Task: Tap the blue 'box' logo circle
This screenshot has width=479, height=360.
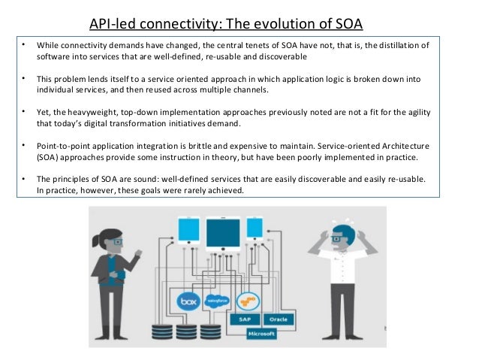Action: coord(189,302)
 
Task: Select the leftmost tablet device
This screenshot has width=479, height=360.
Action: coord(185,228)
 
